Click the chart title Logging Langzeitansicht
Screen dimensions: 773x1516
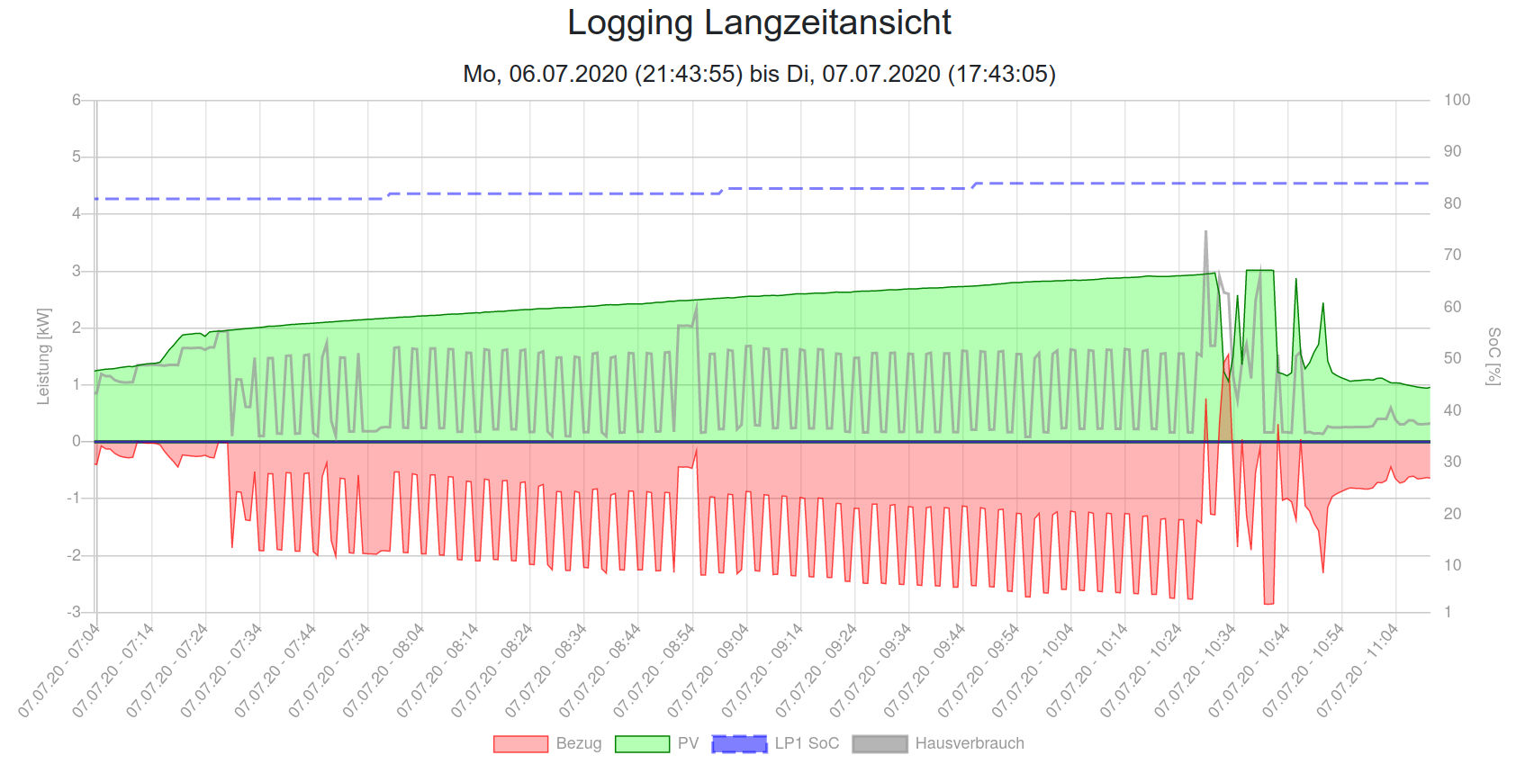(759, 23)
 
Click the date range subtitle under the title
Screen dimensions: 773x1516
(759, 74)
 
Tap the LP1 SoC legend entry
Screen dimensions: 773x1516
(776, 743)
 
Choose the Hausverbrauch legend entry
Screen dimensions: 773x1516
(938, 743)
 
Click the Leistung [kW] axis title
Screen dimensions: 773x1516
(43, 356)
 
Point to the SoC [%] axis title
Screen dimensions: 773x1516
(1493, 356)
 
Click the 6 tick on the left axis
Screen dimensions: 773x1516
(77, 100)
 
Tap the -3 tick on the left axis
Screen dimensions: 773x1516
(74, 612)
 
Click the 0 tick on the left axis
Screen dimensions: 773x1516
(77, 441)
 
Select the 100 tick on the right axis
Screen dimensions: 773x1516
(1457, 100)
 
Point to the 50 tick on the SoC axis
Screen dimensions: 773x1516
(1452, 358)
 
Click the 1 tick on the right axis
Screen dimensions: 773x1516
(1448, 612)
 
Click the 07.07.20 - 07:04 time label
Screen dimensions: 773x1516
(59, 670)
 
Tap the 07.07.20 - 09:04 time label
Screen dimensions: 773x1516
(708, 670)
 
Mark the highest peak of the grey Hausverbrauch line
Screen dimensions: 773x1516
(1205, 232)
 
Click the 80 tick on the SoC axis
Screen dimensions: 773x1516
(1452, 203)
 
